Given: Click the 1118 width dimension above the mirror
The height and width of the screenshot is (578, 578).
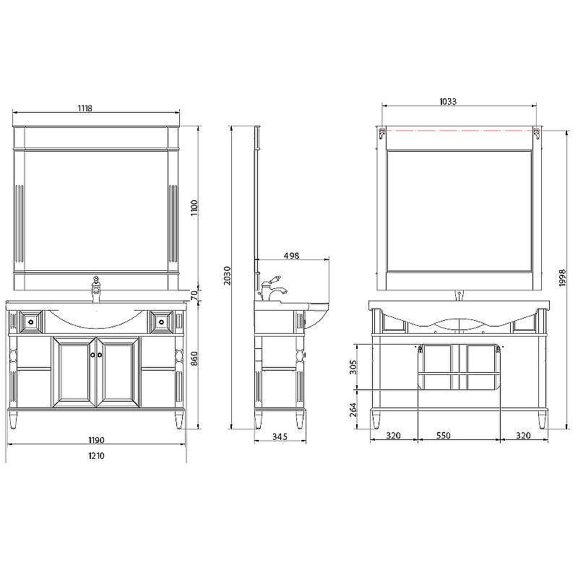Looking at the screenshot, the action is click(85, 108).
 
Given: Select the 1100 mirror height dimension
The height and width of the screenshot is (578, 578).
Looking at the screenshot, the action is click(194, 208).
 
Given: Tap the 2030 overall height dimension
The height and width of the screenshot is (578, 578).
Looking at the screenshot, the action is click(228, 276).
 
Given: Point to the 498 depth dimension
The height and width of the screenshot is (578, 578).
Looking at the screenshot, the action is click(291, 256).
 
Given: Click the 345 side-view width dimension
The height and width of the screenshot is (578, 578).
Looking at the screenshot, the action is click(280, 437).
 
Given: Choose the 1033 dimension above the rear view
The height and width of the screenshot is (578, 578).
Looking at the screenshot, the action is click(448, 101).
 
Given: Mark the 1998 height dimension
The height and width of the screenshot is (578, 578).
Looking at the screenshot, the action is click(562, 277).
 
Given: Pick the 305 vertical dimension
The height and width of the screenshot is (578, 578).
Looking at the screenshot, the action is click(353, 367).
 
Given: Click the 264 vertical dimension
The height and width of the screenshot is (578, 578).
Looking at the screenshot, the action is click(353, 410).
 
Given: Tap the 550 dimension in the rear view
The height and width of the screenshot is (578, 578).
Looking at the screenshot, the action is click(443, 436).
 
